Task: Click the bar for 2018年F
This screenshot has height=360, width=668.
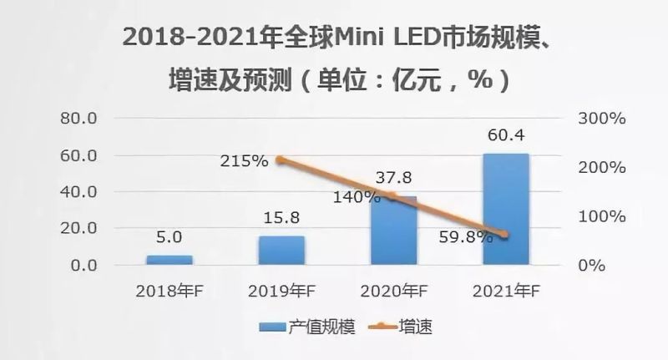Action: [x=170, y=260]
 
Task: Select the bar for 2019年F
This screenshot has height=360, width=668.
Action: [x=281, y=250]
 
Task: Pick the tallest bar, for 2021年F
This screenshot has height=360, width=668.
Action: [x=505, y=209]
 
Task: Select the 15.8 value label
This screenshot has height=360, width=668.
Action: [x=281, y=216]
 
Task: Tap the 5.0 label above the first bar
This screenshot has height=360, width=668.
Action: [x=170, y=236]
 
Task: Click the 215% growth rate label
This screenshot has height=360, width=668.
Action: [x=244, y=160]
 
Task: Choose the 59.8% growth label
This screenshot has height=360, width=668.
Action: [x=465, y=236]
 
